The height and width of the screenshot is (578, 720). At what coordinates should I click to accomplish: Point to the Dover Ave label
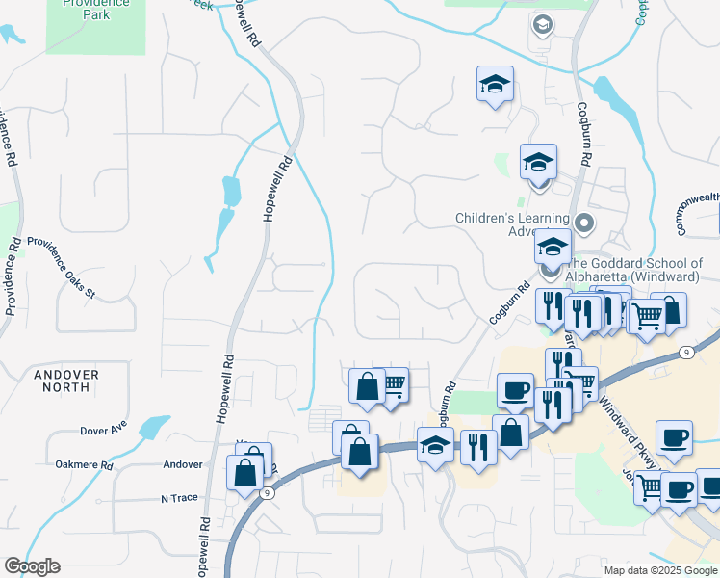point(104,430)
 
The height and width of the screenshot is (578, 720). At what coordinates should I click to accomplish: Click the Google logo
point(32,566)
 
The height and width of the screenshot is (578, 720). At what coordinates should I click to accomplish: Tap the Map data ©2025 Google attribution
point(660,570)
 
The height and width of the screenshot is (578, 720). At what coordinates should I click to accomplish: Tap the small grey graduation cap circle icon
point(542,24)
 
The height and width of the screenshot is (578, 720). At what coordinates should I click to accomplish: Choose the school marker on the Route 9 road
point(435,446)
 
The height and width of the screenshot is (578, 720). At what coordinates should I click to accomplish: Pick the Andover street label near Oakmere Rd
point(183,464)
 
